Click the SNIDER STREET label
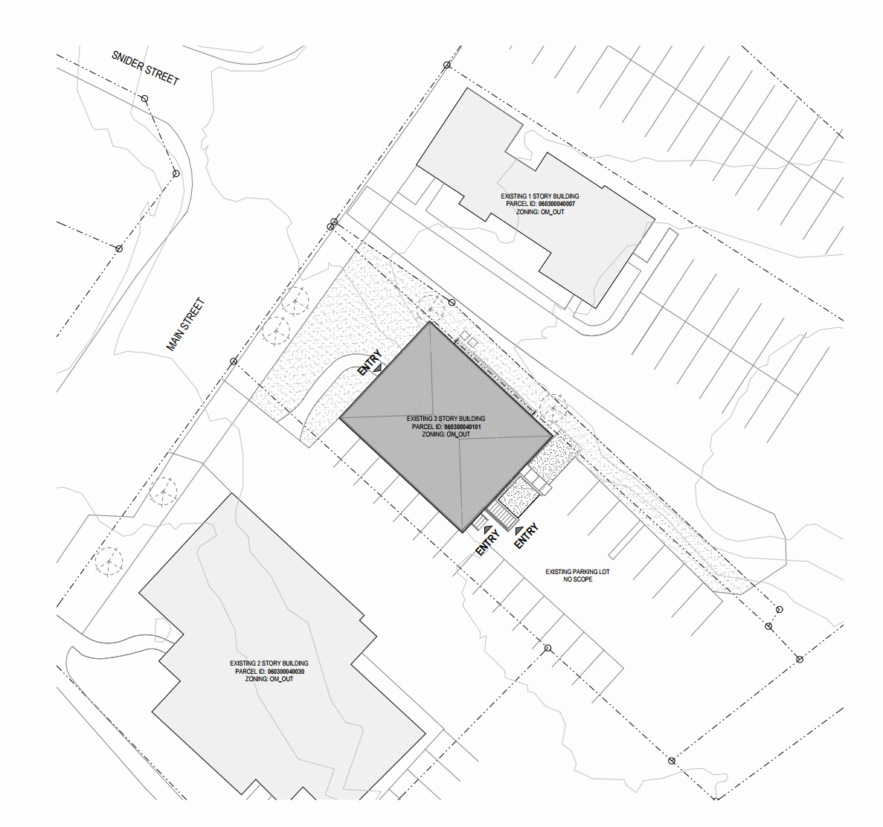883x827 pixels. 145,68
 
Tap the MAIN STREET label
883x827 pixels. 185,324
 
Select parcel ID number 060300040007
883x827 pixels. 556,204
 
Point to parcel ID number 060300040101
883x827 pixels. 463,427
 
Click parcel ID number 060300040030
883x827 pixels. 286,672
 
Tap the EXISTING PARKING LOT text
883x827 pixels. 577,571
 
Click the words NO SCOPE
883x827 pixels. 578,579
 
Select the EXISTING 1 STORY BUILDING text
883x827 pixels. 540,196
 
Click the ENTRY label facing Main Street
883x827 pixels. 370,362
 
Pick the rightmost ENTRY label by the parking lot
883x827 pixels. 526,536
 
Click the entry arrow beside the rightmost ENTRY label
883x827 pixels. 518,530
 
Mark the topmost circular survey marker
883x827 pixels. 446,65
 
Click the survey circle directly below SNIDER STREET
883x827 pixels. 145,99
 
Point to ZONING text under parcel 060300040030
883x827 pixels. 269,680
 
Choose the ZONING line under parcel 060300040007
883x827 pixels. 540,212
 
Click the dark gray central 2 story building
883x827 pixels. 446,427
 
